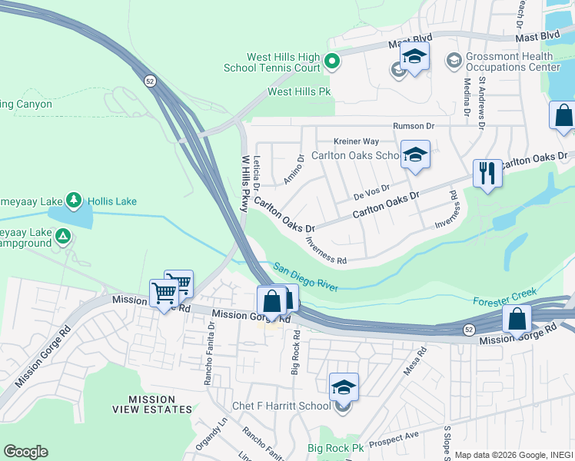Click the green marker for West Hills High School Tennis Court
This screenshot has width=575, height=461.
(332, 61)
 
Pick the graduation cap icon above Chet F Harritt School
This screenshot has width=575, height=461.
(344, 386)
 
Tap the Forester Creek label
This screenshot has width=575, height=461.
(503, 300)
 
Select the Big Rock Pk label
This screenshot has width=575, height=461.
(335, 447)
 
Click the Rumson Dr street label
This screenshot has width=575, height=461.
(414, 126)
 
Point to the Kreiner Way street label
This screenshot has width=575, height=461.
(356, 141)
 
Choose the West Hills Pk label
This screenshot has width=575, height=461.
(298, 91)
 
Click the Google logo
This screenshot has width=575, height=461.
(25, 452)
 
